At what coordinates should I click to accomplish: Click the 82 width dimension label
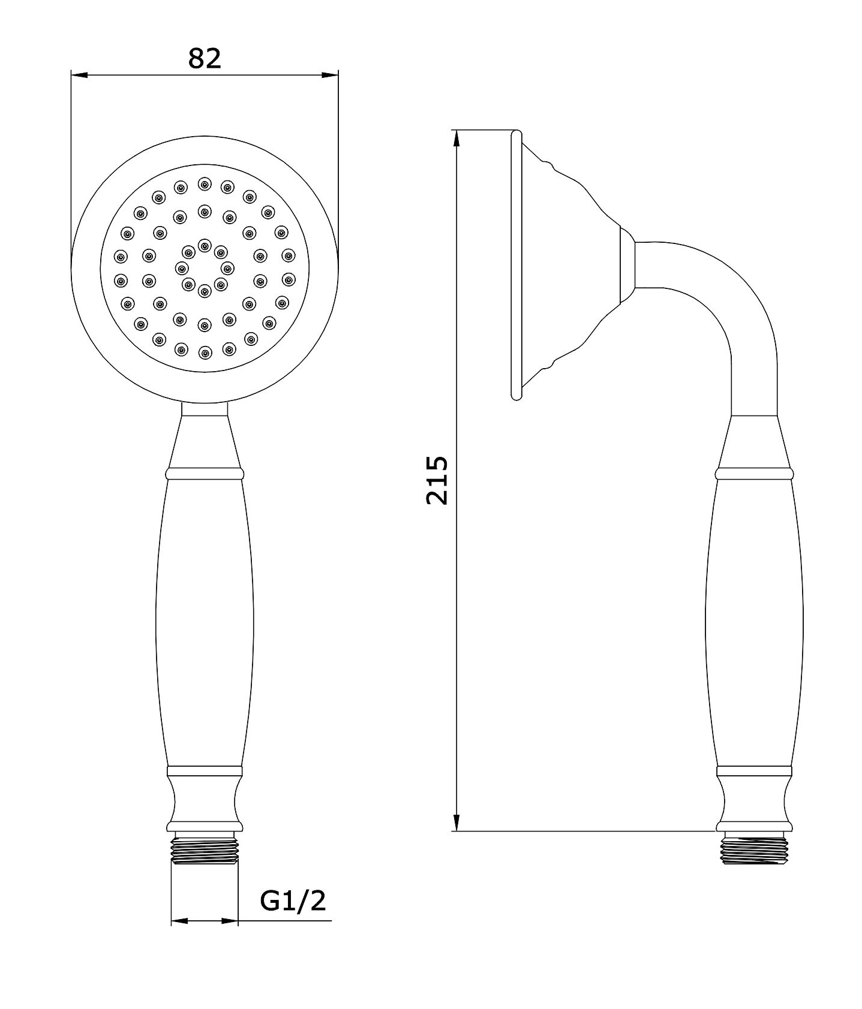click(x=205, y=58)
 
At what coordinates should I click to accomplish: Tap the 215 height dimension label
click(x=437, y=480)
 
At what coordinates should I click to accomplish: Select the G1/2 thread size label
click(x=293, y=900)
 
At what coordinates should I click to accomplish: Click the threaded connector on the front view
click(x=205, y=851)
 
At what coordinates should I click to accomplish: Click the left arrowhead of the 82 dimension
click(x=79, y=75)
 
